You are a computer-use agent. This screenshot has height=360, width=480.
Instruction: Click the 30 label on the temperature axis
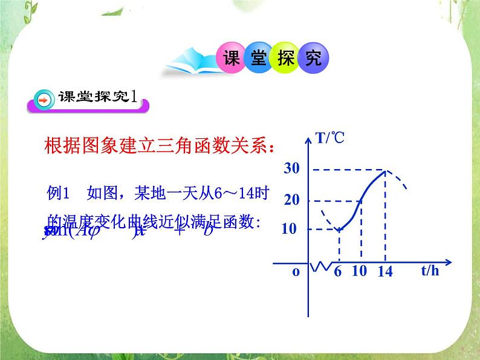click(292, 170)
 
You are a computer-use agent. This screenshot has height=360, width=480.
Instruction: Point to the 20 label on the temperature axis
click(292, 201)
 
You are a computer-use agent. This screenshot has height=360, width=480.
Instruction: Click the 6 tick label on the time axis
click(338, 272)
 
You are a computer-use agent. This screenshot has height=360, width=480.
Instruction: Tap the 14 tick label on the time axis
click(384, 272)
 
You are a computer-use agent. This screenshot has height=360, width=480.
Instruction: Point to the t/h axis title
click(430, 271)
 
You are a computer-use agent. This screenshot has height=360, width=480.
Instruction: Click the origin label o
click(296, 272)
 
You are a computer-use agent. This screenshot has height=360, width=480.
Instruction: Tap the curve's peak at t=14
click(385, 170)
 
